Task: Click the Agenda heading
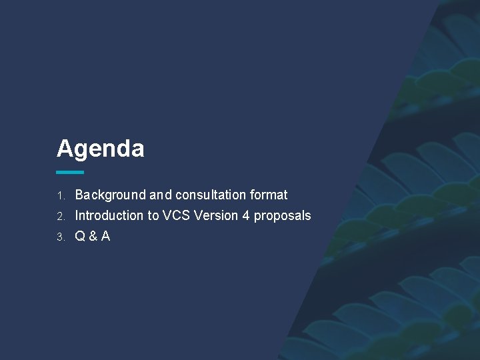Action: (100, 149)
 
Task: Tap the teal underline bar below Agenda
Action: (70, 172)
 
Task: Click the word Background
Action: (110, 195)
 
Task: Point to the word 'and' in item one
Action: (161, 195)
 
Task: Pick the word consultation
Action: (211, 195)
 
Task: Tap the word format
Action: (269, 195)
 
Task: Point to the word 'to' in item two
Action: (153, 215)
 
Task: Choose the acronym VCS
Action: (177, 215)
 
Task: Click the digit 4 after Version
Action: (247, 215)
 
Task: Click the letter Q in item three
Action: (80, 236)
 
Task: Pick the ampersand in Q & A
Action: (93, 236)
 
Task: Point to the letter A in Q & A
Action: (105, 236)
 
